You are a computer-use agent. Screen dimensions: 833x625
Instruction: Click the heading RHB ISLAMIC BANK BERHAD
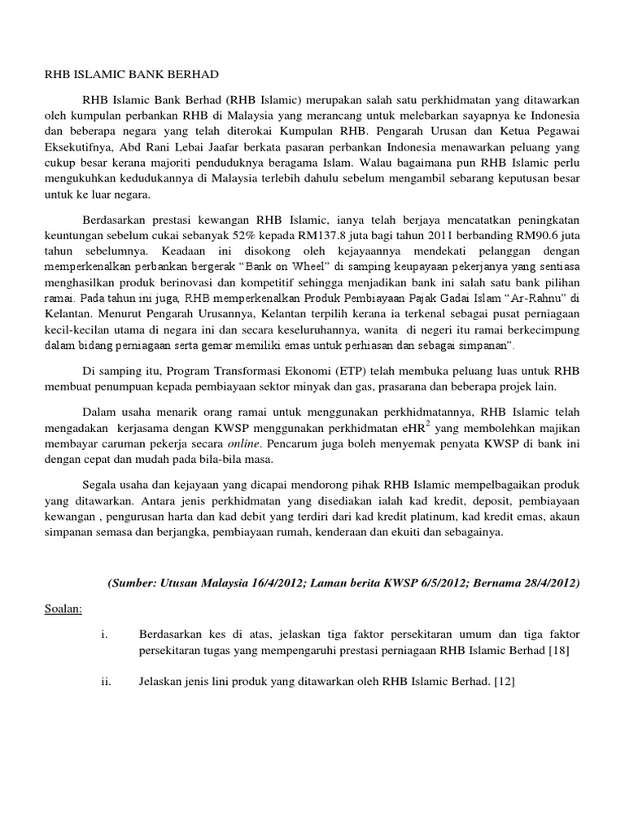click(131, 75)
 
